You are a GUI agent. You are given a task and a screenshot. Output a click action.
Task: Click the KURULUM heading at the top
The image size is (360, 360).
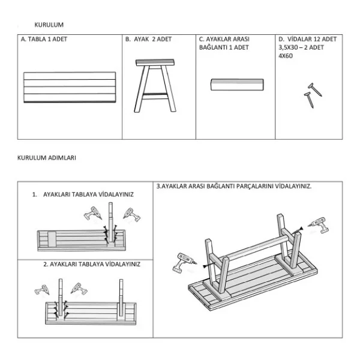click(49, 25)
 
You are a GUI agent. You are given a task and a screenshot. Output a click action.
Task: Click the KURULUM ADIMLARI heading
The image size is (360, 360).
click(47, 158)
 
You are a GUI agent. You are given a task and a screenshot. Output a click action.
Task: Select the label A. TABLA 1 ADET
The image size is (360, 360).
click(44, 39)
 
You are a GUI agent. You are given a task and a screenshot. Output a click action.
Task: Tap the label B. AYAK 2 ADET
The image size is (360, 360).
click(149, 39)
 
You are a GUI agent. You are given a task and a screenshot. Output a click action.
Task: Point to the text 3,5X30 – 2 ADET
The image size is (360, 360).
click(301, 47)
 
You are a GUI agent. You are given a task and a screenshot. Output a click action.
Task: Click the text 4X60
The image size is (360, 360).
click(286, 56)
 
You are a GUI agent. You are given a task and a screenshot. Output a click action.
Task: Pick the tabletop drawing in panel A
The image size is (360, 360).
click(70, 87)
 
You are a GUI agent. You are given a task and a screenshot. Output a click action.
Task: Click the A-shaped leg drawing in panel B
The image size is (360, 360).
click(155, 86)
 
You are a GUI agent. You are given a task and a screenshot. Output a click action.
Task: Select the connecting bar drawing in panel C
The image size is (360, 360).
click(237, 85)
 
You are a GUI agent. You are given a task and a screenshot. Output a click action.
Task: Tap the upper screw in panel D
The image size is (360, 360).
click(315, 89)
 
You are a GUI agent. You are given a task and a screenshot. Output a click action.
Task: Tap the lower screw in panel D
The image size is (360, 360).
click(309, 100)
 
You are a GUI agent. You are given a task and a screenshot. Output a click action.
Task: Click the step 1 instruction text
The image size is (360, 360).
click(83, 194)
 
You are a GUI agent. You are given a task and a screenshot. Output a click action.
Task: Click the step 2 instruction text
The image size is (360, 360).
click(92, 264)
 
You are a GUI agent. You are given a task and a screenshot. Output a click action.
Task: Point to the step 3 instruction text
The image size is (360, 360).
click(234, 186)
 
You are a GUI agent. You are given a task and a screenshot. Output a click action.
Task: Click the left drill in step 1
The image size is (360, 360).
click(93, 213)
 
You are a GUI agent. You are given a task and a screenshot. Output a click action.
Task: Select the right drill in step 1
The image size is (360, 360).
click(132, 215)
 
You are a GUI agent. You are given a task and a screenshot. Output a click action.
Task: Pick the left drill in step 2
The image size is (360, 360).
click(42, 290)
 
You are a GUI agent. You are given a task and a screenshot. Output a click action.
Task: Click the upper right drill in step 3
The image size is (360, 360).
click(319, 225)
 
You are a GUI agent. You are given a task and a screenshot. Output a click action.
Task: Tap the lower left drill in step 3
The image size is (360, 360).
click(184, 263)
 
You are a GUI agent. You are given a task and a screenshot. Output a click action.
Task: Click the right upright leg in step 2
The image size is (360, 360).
click(121, 298)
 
